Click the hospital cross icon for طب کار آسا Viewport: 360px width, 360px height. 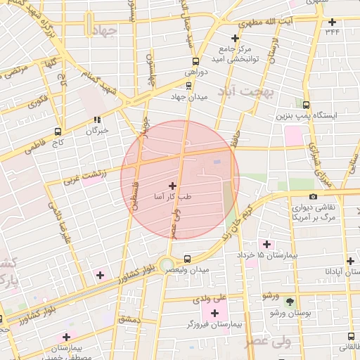tap(173, 186)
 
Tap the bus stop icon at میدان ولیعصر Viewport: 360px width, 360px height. tap(187, 257)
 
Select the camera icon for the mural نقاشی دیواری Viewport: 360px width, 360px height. tap(313, 196)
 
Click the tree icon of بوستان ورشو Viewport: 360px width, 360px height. tap(290, 301)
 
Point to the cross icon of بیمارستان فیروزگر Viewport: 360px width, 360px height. tap(214, 312)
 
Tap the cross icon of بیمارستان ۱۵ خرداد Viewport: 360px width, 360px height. tap(266, 243)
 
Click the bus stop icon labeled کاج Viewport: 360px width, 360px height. tap(58, 131)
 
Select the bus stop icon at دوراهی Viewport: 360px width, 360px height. tap(195, 61)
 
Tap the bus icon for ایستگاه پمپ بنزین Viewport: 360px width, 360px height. tap(306, 103)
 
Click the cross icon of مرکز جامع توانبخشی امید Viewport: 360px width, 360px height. tap(236, 38)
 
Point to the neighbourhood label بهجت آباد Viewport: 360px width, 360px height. tap(245, 91)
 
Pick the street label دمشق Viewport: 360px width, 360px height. tap(130, 319)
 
